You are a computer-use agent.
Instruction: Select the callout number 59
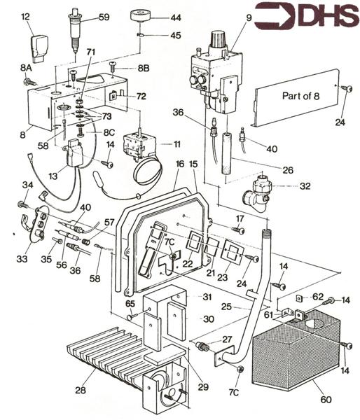[x=104, y=17]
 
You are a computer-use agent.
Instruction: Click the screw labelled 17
[x=239, y=229]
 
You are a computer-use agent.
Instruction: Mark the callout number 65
[x=131, y=304]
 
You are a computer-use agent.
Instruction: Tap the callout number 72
[x=141, y=95]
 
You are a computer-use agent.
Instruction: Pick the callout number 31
[x=207, y=297]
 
